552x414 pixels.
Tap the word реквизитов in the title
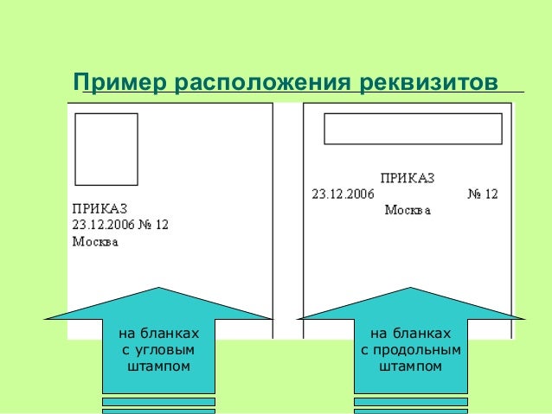[x=425, y=83]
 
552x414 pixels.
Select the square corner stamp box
[x=106, y=149]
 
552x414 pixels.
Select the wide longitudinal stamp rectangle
[x=414, y=128]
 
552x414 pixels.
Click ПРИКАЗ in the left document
[x=99, y=208]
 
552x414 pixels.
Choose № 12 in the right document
[x=483, y=194]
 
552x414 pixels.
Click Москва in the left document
[x=95, y=241]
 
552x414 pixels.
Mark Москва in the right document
[x=408, y=210]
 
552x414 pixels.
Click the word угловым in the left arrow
[x=158, y=350]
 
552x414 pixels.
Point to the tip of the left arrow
[x=158, y=289]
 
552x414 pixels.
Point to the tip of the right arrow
[x=411, y=289]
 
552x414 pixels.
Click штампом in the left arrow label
[x=158, y=366]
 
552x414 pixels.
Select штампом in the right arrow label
[x=411, y=366]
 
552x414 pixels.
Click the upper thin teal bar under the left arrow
[x=158, y=401]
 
